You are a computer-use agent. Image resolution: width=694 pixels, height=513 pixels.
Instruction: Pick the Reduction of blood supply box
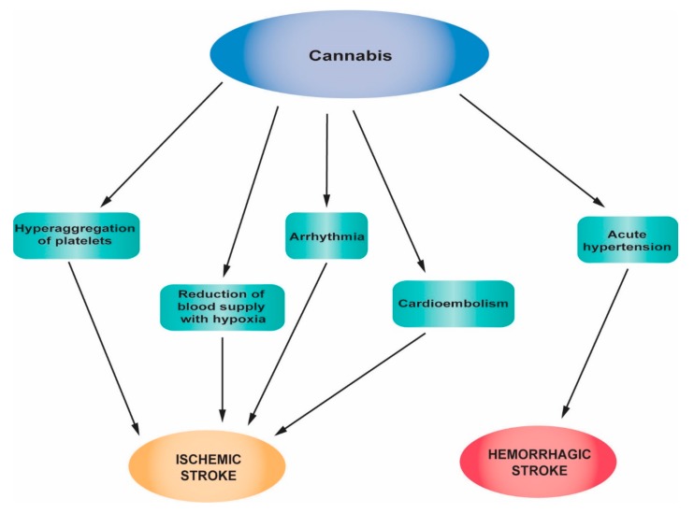[222, 306]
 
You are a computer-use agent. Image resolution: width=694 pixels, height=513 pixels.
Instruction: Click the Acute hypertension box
[626, 239]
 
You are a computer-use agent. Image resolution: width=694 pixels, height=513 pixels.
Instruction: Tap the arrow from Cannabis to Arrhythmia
[326, 159]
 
